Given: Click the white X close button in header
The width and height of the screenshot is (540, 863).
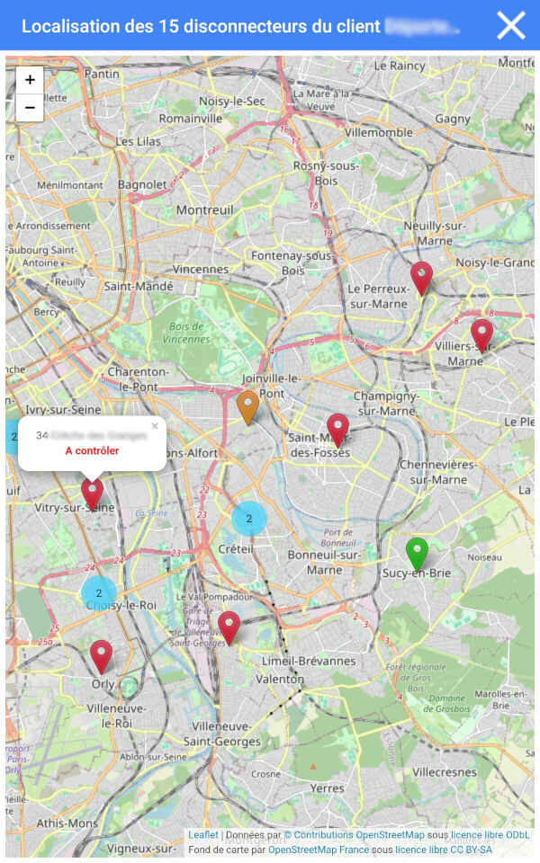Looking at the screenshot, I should [x=510, y=25].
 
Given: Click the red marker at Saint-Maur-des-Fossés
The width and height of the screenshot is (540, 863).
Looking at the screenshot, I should [x=337, y=429].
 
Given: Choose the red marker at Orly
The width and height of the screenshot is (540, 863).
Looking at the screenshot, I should [x=101, y=655].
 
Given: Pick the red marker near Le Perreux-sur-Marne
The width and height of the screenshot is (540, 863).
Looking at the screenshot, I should [x=421, y=277].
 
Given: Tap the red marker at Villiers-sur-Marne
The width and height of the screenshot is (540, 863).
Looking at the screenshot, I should [x=482, y=334].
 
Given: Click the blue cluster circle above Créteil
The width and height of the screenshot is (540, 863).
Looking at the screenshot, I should [x=249, y=519].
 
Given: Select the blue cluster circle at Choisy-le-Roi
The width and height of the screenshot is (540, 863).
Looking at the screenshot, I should [x=99, y=593].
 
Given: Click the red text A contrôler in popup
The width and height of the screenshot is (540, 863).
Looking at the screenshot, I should [x=92, y=450].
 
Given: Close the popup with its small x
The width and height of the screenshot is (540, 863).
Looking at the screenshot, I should [x=155, y=426].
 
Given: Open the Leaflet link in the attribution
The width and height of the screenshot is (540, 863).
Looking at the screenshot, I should [x=202, y=835].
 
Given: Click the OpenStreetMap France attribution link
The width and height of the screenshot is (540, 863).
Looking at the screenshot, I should [x=319, y=850].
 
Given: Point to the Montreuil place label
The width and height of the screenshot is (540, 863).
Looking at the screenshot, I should [x=205, y=209].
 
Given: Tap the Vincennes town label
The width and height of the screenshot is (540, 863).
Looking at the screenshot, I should [x=201, y=269].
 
